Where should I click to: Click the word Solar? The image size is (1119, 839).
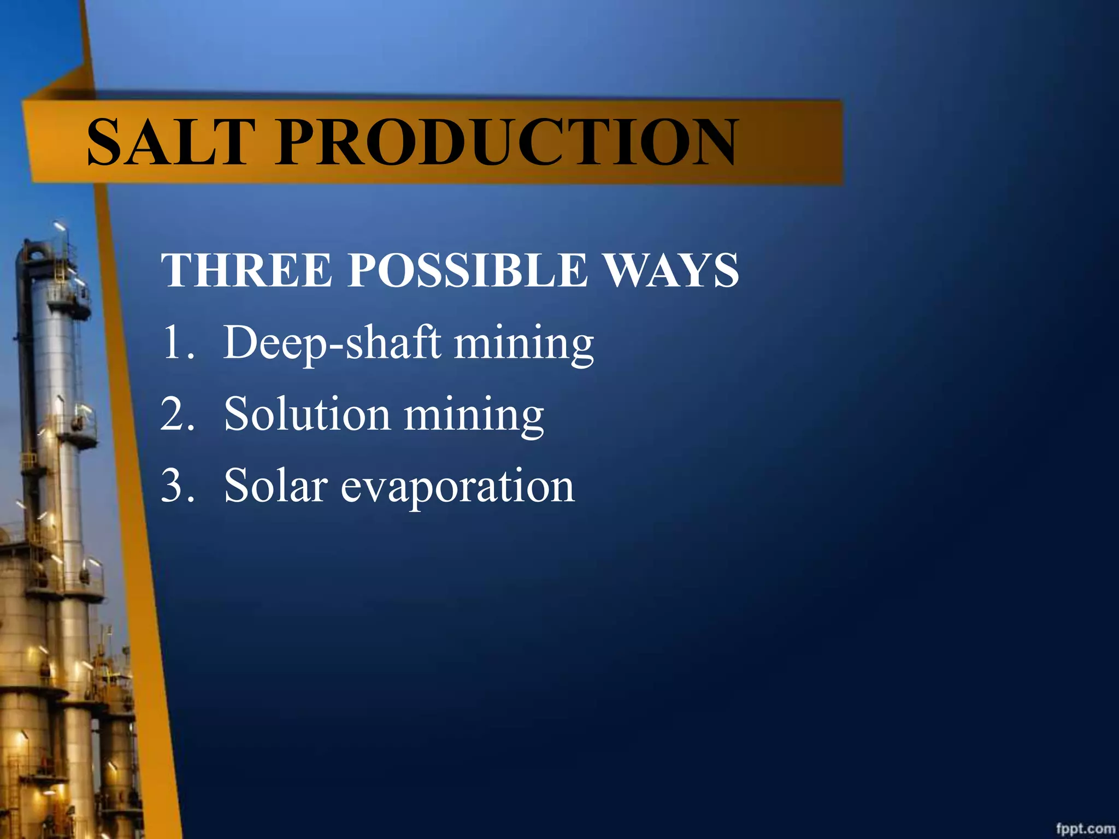[x=276, y=486]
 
